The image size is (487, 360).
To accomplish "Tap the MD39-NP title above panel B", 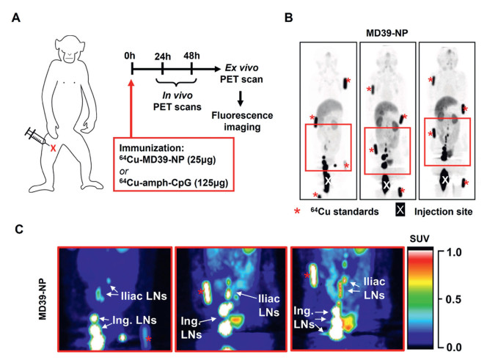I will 387,34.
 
